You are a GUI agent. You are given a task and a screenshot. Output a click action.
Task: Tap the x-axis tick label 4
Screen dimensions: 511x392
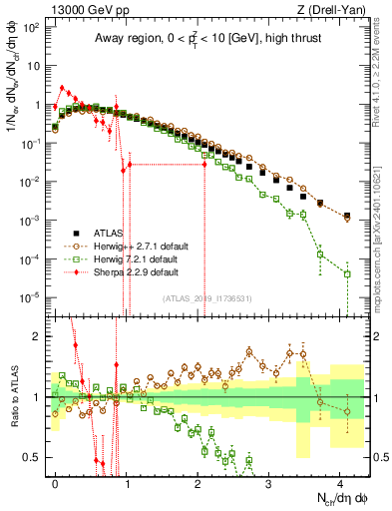[x=341, y=481]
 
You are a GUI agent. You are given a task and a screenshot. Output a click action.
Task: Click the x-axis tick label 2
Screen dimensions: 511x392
[x=198, y=481]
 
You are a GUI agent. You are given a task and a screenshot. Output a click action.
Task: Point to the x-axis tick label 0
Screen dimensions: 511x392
[x=56, y=481]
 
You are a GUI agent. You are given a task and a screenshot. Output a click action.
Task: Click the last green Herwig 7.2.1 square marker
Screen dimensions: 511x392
[x=347, y=273]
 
